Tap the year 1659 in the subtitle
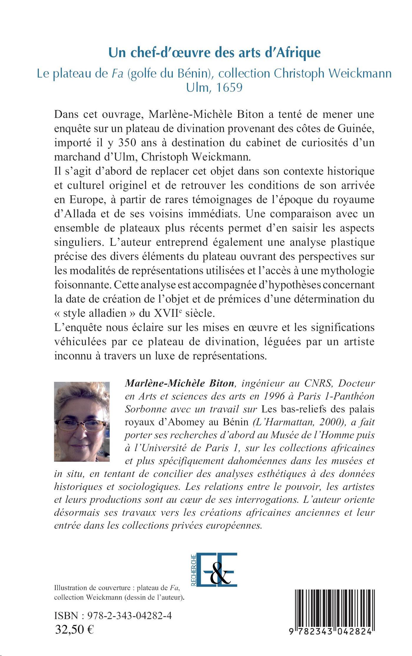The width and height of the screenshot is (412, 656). (229, 87)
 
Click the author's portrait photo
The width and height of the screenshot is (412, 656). (82, 421)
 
